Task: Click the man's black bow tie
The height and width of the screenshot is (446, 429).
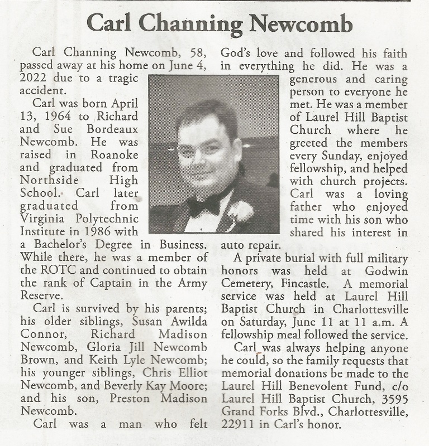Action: click(203, 205)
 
